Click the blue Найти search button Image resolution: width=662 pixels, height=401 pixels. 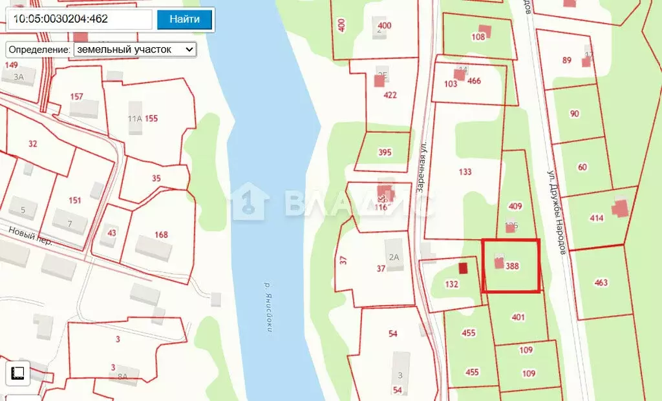(x=184, y=19)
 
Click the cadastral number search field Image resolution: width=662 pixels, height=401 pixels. (x=80, y=19)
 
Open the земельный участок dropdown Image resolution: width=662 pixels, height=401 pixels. (x=134, y=49)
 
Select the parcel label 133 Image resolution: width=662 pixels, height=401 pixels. (x=465, y=172)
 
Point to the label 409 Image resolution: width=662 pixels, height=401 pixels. (x=515, y=207)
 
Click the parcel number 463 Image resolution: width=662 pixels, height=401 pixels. (x=601, y=282)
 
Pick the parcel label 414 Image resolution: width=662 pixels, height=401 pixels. (x=597, y=218)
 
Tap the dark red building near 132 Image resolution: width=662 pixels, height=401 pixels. (x=463, y=267)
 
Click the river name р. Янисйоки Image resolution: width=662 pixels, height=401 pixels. (x=267, y=307)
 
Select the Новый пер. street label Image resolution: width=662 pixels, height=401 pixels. (x=31, y=236)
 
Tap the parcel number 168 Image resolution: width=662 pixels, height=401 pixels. (x=161, y=234)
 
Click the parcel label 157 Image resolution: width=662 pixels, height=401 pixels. (x=77, y=97)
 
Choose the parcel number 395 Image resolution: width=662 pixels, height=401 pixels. (x=385, y=152)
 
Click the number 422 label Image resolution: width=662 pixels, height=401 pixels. (x=390, y=95)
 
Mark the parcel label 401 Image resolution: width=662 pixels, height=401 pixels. (x=518, y=317)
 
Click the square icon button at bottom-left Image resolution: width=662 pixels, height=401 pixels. (x=18, y=373)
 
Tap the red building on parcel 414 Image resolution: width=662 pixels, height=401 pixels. (x=620, y=208)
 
